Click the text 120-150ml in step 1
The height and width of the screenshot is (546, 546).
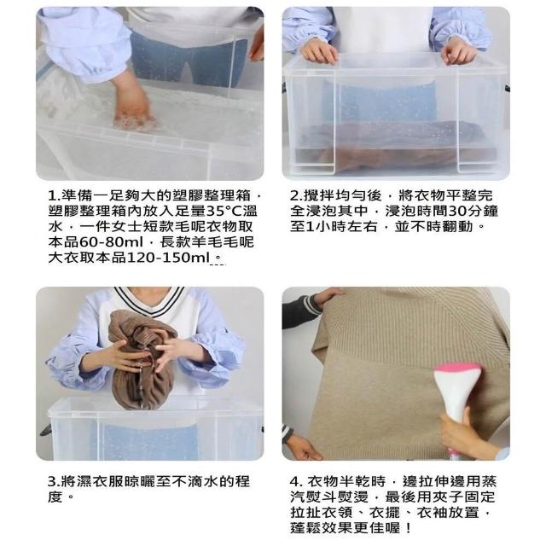[x=168, y=258]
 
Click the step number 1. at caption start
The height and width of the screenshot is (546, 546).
[x=55, y=196]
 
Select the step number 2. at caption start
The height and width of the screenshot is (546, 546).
[x=296, y=196]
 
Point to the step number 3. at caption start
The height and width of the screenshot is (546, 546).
[x=54, y=482]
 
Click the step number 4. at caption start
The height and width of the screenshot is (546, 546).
[x=296, y=482]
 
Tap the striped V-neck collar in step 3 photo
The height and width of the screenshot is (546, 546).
[x=150, y=300]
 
